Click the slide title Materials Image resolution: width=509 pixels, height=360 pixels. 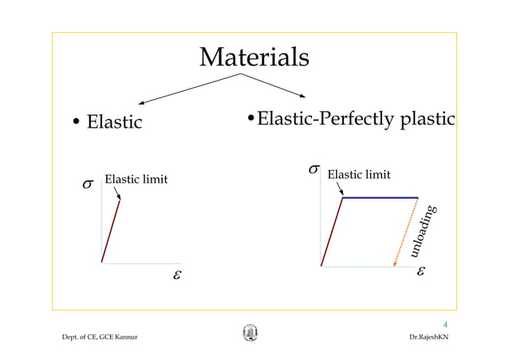coord(254,57)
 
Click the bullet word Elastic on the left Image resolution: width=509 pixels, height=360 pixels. coord(114,123)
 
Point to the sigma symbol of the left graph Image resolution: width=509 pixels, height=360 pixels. coord(88,184)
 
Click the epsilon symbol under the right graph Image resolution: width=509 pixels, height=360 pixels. coord(420,271)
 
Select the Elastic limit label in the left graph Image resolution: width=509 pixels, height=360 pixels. coord(136,179)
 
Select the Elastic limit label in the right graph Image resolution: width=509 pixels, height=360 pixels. coord(359,174)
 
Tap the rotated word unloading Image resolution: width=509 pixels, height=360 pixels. coord(423,231)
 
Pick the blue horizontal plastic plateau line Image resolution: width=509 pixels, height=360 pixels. coord(381,197)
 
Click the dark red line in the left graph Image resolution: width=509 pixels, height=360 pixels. coord(111,231)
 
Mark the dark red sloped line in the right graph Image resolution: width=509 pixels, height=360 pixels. coord(332,231)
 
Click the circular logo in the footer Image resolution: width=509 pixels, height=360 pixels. coord(250,334)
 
